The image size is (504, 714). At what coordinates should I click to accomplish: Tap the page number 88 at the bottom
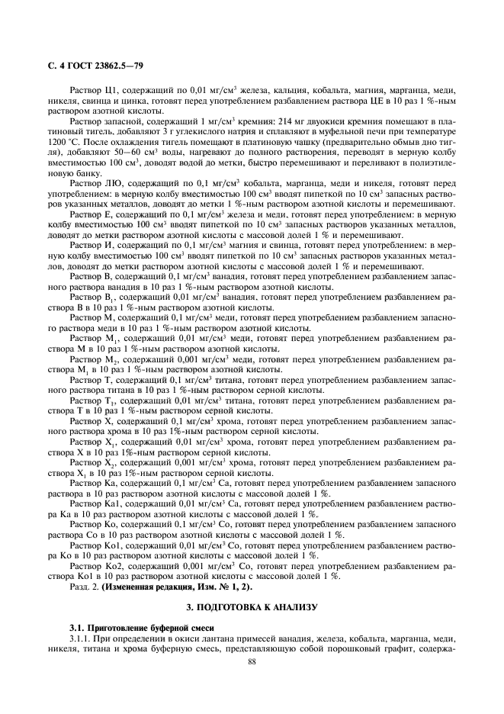(251, 661)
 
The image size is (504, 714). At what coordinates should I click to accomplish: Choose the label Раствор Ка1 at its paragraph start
(95, 504)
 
